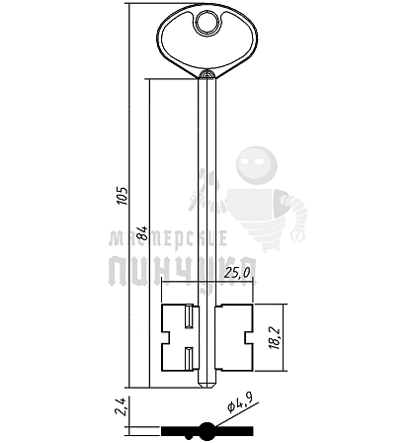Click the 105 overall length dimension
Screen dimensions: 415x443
[123, 196]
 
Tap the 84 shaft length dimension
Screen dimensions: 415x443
[142, 233]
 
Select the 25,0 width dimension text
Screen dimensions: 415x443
[237, 273]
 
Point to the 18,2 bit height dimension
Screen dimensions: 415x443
[274, 338]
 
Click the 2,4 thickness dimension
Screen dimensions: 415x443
[122, 407]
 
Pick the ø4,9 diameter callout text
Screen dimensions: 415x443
[240, 402]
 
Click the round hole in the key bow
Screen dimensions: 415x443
[207, 24]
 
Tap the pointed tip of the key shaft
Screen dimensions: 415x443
[207, 386]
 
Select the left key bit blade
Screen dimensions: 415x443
[180, 337]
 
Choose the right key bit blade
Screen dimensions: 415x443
[234, 337]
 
